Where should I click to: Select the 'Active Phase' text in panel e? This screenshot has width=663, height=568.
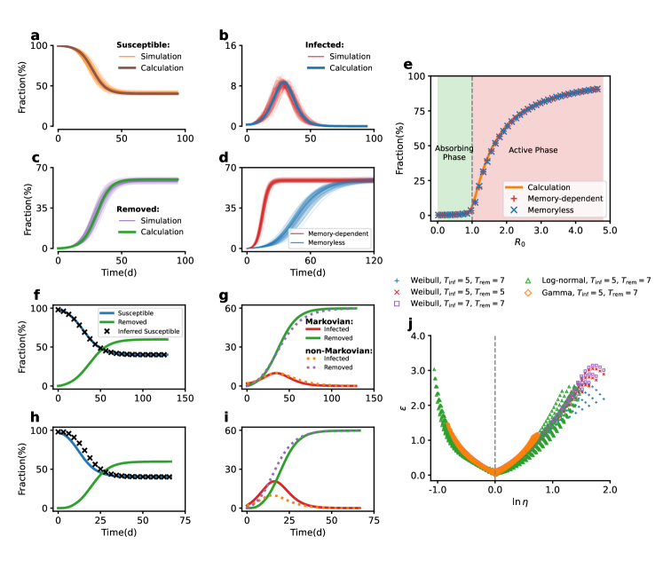533,151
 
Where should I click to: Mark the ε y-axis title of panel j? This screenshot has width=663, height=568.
401,407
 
